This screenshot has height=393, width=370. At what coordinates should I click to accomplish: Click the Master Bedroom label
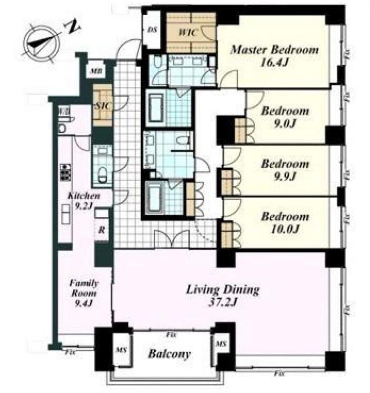274,50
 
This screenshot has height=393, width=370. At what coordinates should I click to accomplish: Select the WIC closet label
187,32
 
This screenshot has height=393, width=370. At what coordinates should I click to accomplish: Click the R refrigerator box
102,229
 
